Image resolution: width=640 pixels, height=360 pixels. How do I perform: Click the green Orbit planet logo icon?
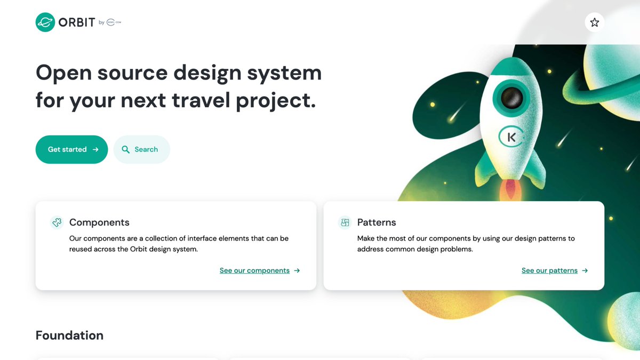(x=45, y=22)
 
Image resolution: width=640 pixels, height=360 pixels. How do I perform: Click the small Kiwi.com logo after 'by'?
(x=114, y=22)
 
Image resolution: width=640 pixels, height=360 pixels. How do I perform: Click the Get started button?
(x=71, y=149)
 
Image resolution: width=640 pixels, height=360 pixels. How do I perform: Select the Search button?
(x=141, y=149)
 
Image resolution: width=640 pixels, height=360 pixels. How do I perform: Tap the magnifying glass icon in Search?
(x=126, y=149)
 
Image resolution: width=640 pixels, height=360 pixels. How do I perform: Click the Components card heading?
(x=99, y=222)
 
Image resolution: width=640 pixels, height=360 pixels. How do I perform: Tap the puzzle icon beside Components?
(x=57, y=222)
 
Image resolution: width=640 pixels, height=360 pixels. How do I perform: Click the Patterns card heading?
(x=377, y=222)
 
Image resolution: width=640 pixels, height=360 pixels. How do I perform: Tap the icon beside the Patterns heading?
(x=345, y=222)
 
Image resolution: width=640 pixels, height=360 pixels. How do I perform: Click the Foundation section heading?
(x=69, y=335)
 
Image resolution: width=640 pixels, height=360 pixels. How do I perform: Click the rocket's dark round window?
(x=512, y=98)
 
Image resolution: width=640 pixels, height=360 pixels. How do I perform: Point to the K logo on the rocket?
(x=511, y=137)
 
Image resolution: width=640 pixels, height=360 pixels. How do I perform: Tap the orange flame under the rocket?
(x=511, y=192)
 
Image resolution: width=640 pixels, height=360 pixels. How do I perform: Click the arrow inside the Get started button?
(x=95, y=149)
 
